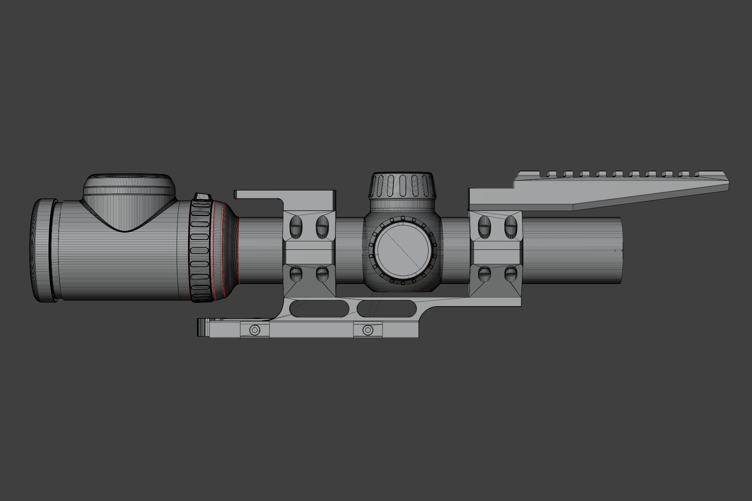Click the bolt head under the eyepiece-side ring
254,330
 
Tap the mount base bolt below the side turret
367,330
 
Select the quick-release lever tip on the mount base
202,327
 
